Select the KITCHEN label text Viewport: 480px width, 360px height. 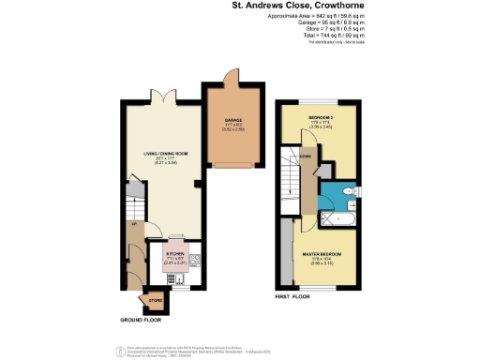(175, 254)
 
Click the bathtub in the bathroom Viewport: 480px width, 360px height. (335, 220)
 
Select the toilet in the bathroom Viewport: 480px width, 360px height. (347, 193)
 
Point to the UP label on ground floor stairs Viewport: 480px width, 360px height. (134, 224)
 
